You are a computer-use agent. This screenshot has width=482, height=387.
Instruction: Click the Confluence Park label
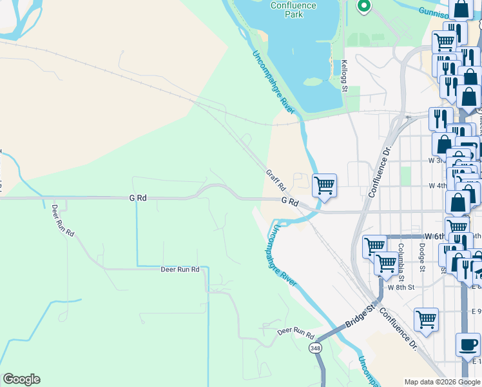pos(293,9)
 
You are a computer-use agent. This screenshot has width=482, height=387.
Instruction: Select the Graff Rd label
pos(276,180)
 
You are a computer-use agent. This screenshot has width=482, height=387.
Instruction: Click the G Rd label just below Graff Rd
pos(290,202)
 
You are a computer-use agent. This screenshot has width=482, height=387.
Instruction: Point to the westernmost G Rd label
pos(138,199)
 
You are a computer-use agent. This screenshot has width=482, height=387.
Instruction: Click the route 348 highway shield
pos(315,348)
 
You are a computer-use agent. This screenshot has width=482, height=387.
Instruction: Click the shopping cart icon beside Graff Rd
pos(325,185)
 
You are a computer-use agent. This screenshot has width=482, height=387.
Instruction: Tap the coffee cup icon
pos(467,344)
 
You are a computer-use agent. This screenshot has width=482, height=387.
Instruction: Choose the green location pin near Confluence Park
pos(363,6)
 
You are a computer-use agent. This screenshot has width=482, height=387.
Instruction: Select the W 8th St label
pos(401,286)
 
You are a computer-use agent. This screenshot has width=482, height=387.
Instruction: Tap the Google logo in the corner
pos(21,379)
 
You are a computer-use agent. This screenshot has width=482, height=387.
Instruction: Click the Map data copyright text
pos(442,382)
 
